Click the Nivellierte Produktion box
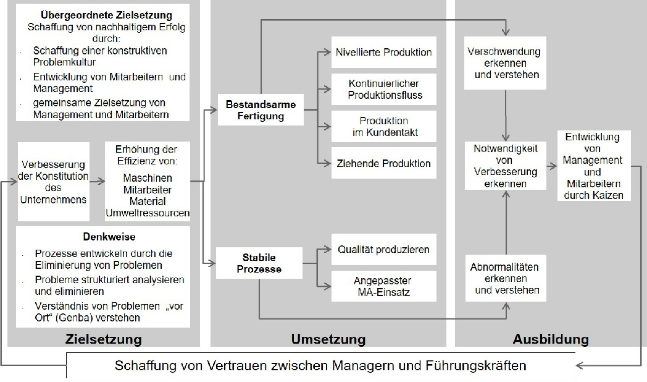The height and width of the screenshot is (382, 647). click(x=383, y=53)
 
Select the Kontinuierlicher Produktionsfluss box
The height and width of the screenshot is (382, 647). click(x=383, y=90)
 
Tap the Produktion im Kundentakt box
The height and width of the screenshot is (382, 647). click(x=383, y=127)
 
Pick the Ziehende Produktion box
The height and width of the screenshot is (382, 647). click(x=383, y=163)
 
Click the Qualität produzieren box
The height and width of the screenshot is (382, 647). click(x=383, y=249)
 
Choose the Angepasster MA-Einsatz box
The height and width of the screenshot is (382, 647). click(x=383, y=286)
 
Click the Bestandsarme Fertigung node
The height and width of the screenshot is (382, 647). click(x=260, y=110)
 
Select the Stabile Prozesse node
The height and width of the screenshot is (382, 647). click(x=260, y=263)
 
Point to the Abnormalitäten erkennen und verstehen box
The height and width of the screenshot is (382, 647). click(x=504, y=279)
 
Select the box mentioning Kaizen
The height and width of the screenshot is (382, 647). click(x=593, y=166)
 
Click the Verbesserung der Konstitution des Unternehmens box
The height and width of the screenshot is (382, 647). click(x=53, y=182)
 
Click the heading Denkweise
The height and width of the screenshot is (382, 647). click(x=100, y=237)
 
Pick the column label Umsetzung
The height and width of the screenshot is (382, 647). click(x=328, y=339)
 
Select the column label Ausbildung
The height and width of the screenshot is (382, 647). click(x=550, y=339)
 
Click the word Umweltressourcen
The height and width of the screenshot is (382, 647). click(x=148, y=213)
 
